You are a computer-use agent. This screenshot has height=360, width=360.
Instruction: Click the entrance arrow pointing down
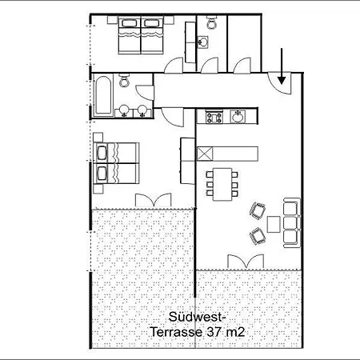pyautogui.click(x=282, y=66)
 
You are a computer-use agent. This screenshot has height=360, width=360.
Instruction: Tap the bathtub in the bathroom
pyautogui.click(x=103, y=95)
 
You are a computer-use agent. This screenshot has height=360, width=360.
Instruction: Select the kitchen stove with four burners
pyautogui.click(x=214, y=117)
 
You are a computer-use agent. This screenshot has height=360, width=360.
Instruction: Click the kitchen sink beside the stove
pyautogui.click(x=238, y=117)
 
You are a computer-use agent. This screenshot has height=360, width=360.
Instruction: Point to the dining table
pyautogui.click(x=222, y=184)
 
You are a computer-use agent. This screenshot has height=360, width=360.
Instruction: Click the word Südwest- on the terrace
pyautogui.click(x=197, y=317)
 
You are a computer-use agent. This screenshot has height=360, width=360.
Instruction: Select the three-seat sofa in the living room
pyautogui.click(x=292, y=222)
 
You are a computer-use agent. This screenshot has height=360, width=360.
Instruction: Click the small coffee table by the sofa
pyautogui.click(x=274, y=224)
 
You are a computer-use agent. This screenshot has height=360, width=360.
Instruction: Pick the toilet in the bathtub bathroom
pyautogui.click(x=124, y=80)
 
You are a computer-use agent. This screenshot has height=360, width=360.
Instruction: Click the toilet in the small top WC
pyautogui.click(x=212, y=22)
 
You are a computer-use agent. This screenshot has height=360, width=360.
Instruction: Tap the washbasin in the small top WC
pyautogui.click(x=202, y=42)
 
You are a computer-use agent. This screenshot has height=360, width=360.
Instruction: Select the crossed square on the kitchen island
pyautogui.click(x=205, y=154)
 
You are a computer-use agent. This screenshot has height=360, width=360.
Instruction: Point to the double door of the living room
pyautogui.click(x=246, y=262)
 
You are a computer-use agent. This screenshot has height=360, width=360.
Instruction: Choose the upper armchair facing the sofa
pyautogui.click(x=258, y=210)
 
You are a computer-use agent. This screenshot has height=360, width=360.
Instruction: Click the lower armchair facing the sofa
pyautogui.click(x=258, y=236)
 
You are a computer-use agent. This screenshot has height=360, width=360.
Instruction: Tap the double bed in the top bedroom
pyautogui.click(x=141, y=35)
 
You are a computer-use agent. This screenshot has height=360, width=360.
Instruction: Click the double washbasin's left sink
pyautogui.click(x=124, y=110)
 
